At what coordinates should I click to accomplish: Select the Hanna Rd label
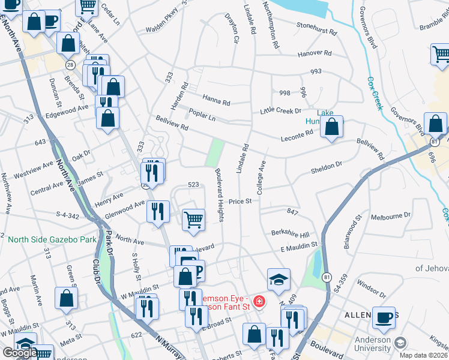pyautogui.click(x=216, y=103)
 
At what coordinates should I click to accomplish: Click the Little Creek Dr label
pyautogui.click(x=280, y=111)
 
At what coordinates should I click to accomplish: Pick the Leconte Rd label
pyautogui.click(x=297, y=139)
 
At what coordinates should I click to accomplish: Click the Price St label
pyautogui.click(x=240, y=202)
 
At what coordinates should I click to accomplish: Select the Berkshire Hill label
pyautogui.click(x=289, y=234)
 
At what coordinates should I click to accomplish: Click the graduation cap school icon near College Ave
pyautogui.click(x=279, y=279)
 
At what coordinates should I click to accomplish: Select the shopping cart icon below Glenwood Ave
pyautogui.click(x=193, y=220)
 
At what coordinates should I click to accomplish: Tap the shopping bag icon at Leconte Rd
pyautogui.click(x=331, y=127)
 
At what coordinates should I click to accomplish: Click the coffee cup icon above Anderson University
pyautogui.click(x=384, y=318)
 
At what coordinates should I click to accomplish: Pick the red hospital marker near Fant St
pyautogui.click(x=259, y=301)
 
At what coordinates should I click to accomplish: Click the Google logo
pyautogui.click(x=20, y=353)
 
